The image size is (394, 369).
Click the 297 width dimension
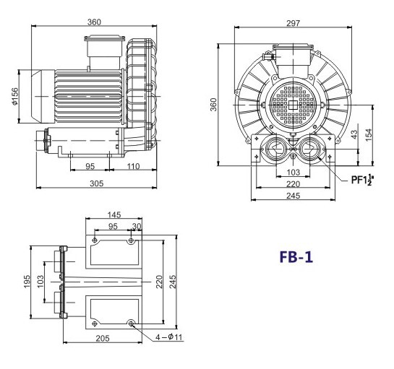pos(293,24)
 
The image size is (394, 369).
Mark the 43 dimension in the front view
pos(354,136)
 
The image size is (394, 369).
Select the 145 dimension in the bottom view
pos(114,214)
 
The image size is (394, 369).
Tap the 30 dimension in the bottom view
pos(137,225)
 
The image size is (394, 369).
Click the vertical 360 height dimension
pos(214,105)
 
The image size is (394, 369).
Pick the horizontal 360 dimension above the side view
pos(94,22)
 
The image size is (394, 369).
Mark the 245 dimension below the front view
pos(291,196)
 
